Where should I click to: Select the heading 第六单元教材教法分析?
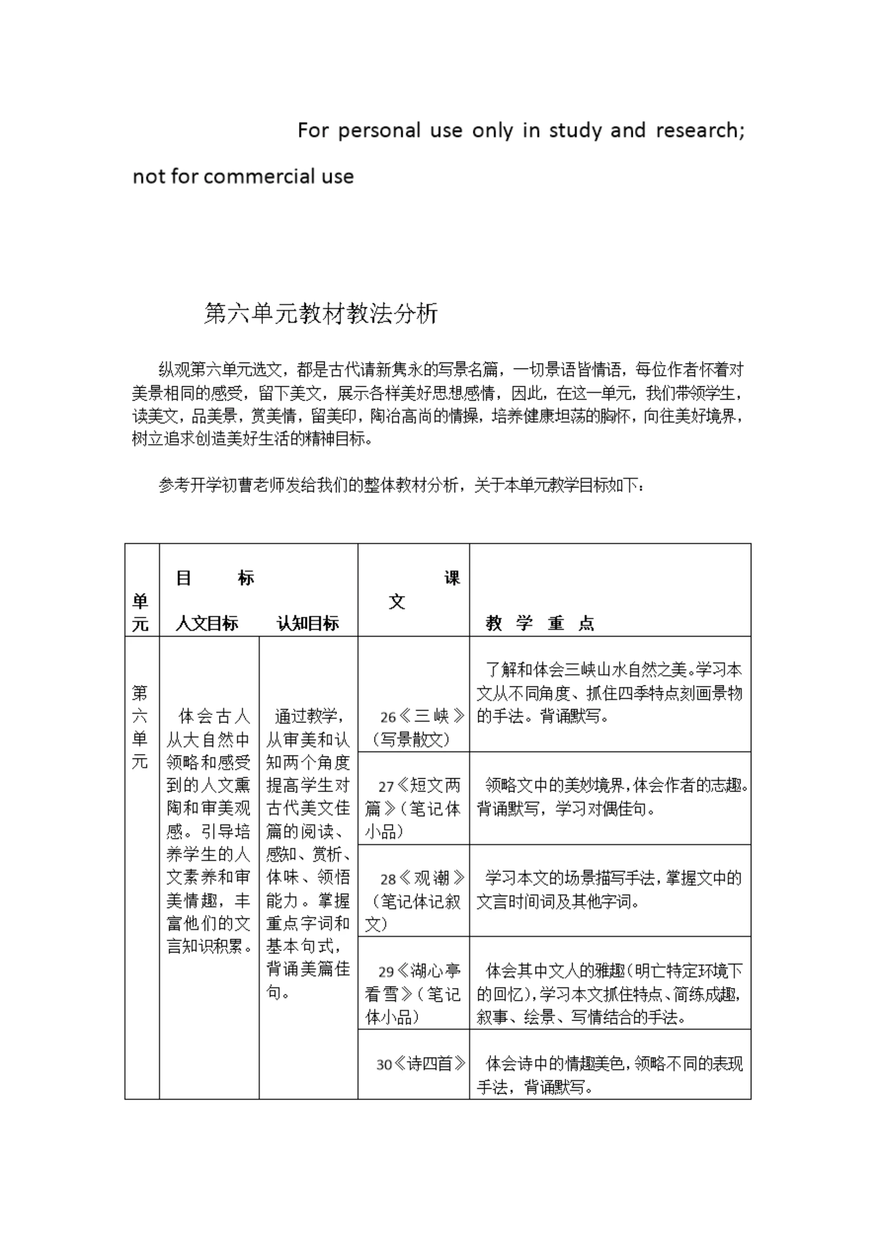(321, 314)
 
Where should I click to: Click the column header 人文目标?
(207, 624)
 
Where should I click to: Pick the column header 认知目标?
(308, 624)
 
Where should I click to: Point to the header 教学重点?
(540, 624)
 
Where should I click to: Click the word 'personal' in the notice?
(379, 131)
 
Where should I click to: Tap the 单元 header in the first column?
(140, 612)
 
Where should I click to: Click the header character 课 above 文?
(452, 578)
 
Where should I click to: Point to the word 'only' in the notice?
(492, 131)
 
